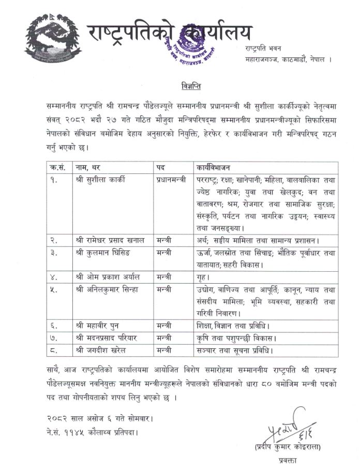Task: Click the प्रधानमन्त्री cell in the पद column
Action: point(173,180)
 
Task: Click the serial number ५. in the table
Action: point(53,290)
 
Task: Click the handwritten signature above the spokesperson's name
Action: point(282,428)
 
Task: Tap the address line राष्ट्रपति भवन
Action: point(264,49)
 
